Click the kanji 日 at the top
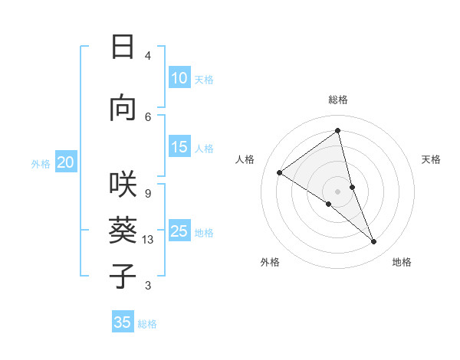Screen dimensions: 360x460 123,47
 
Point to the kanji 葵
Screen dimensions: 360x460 123,230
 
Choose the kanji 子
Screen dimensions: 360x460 123,275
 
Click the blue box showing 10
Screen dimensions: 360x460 179,78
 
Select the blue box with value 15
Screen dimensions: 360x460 179,148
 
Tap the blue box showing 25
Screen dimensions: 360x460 179,231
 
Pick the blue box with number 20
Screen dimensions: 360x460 66,162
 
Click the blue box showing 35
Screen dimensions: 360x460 123,322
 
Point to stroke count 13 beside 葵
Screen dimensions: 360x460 148,241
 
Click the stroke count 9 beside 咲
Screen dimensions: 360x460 147,193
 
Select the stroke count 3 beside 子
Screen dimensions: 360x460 147,286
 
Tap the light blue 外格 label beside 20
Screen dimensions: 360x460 41,163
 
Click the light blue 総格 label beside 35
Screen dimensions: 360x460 147,324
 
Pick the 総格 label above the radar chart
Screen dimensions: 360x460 337,100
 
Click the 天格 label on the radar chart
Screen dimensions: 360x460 432,159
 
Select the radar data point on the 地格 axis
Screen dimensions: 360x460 374,242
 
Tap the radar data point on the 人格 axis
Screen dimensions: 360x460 280,172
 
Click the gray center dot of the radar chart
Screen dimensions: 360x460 337,191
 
